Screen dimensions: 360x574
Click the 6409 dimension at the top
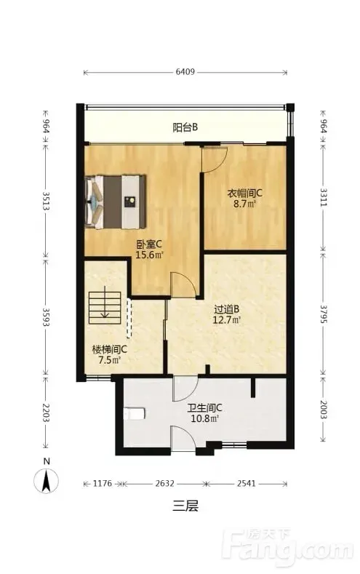pyautogui.click(x=185, y=72)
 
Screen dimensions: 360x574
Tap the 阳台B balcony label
pyautogui.click(x=185, y=127)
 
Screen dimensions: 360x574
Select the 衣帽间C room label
pyautogui.click(x=245, y=194)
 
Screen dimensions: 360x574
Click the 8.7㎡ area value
pyautogui.click(x=245, y=204)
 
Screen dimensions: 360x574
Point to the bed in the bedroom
pyautogui.click(x=115, y=202)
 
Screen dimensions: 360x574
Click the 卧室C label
pyautogui.click(x=149, y=244)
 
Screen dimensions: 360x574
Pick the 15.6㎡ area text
pyautogui.click(x=149, y=255)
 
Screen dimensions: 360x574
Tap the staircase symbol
pyautogui.click(x=105, y=307)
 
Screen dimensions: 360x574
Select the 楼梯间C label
pyautogui.click(x=110, y=350)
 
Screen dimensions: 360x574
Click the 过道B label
pyautogui.click(x=227, y=310)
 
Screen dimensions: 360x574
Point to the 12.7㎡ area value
pyautogui.click(x=227, y=320)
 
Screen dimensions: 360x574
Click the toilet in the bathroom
pyautogui.click(x=135, y=414)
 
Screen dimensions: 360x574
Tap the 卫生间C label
pyautogui.click(x=205, y=408)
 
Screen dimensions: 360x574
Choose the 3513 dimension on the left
pyautogui.click(x=46, y=201)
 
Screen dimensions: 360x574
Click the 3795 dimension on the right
pyautogui.click(x=324, y=314)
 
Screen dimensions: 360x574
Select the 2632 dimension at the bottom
pyautogui.click(x=164, y=484)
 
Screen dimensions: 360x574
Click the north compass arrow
pyautogui.click(x=46, y=481)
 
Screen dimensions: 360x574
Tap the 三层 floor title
pyautogui.click(x=185, y=506)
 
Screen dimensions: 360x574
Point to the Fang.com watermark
pyautogui.click(x=288, y=546)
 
